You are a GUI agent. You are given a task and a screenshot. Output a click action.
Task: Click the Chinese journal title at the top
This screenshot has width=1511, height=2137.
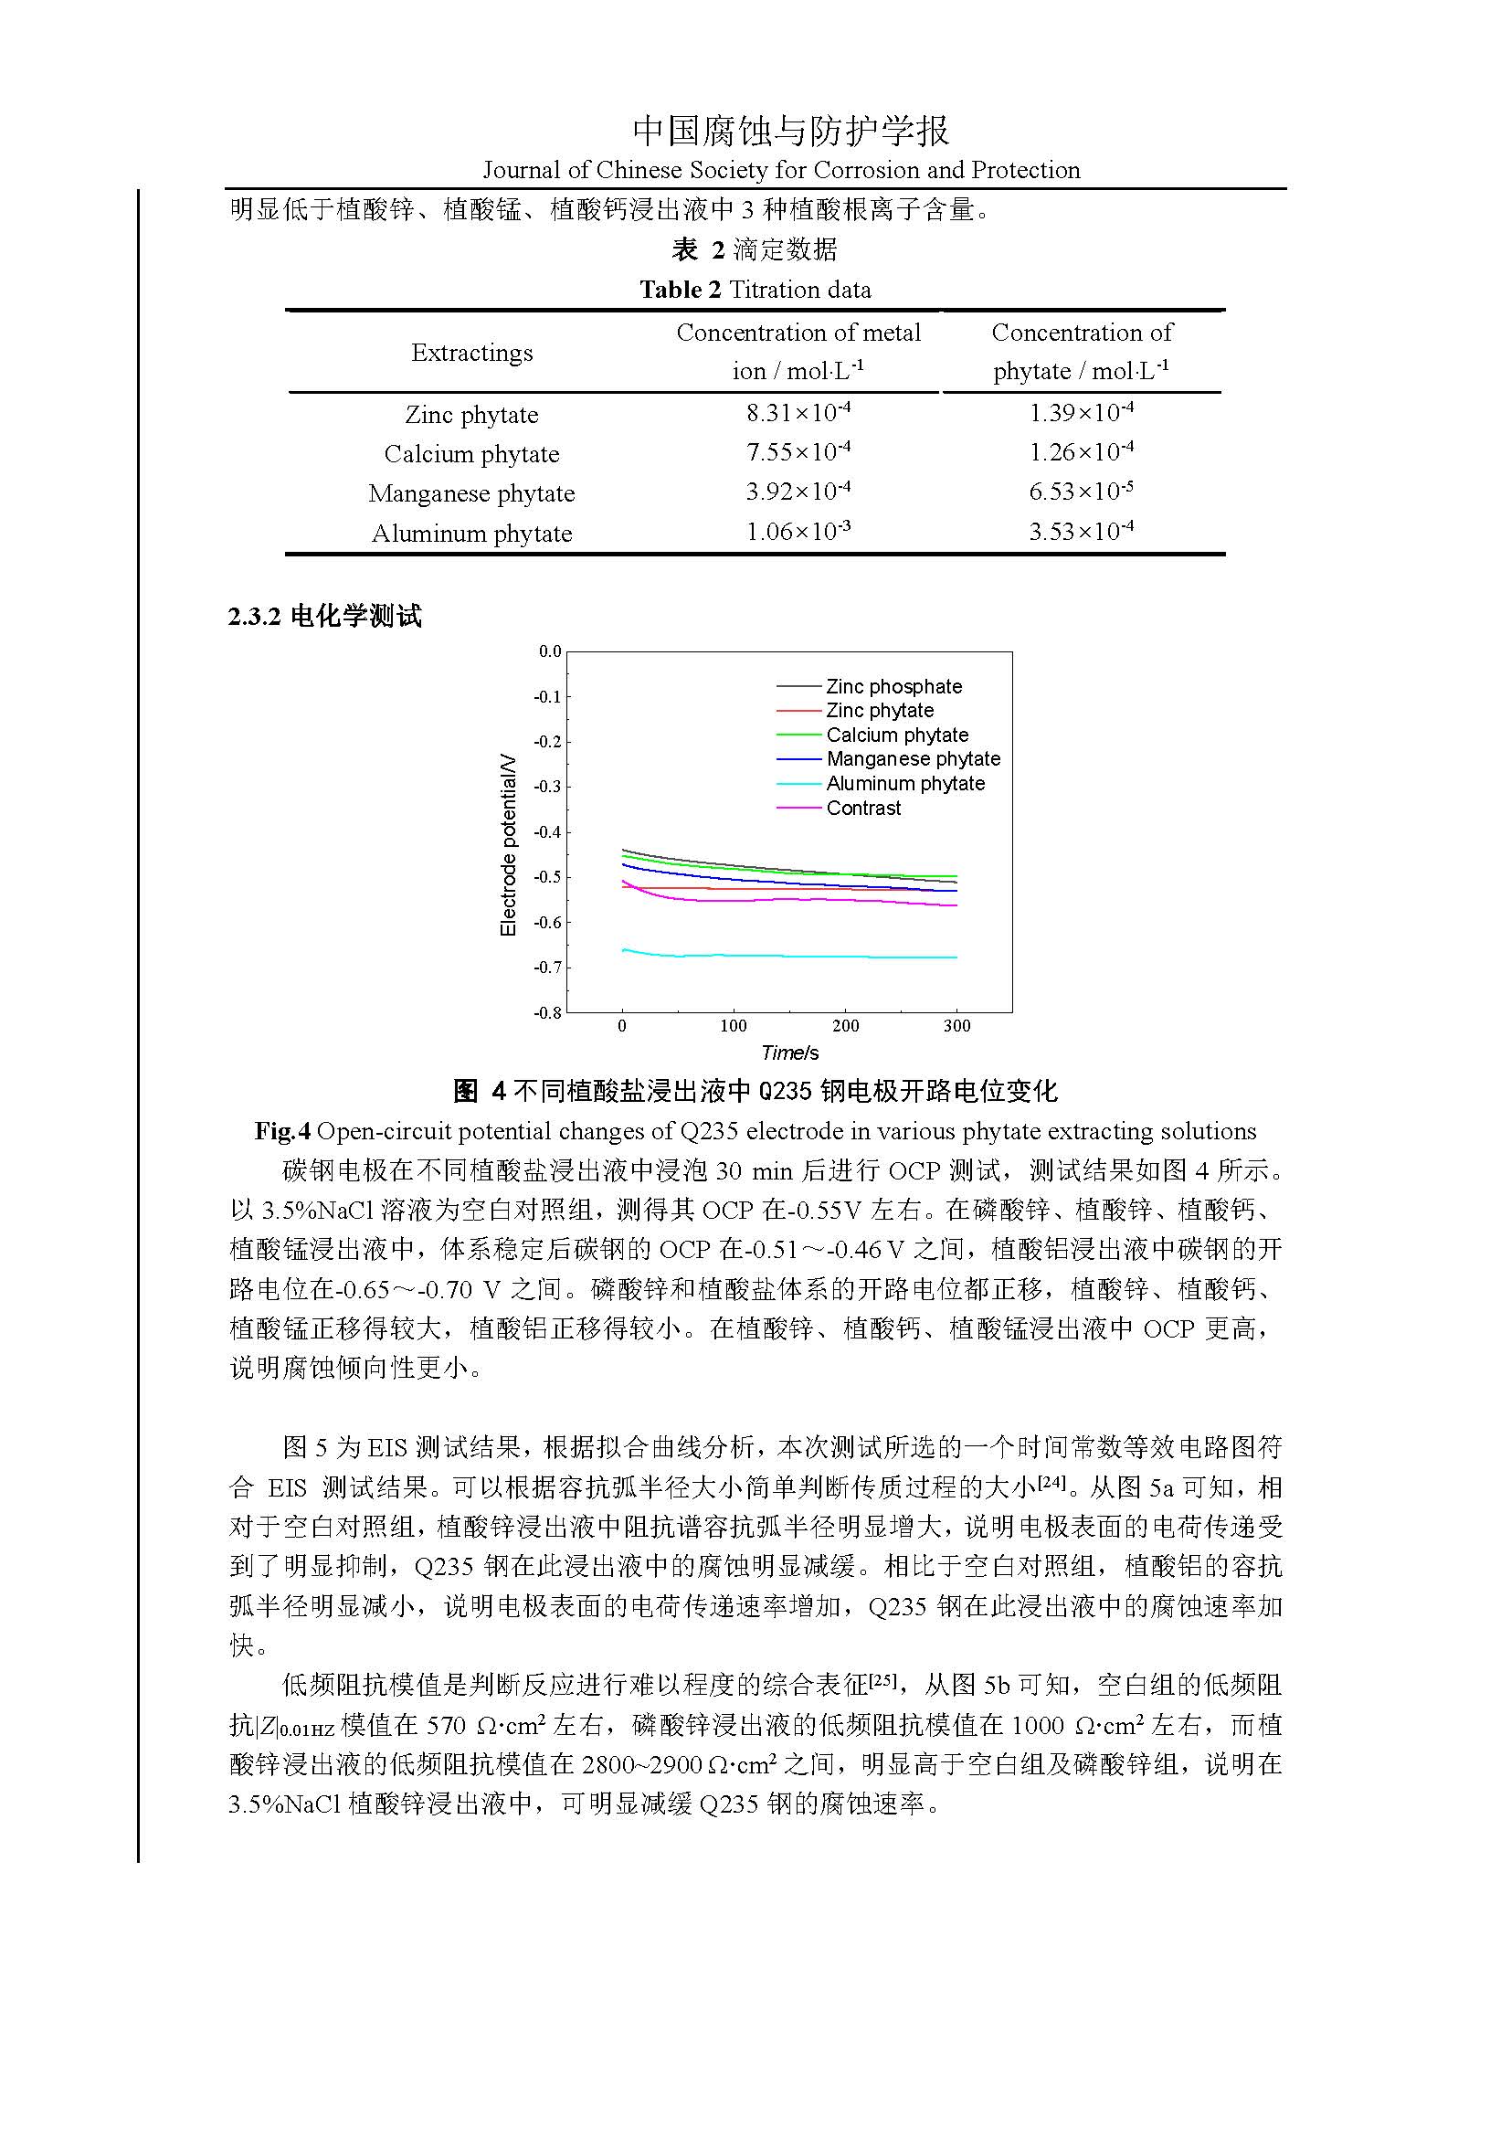(791, 132)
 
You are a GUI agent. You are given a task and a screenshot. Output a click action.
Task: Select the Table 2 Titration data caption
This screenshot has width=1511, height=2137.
(755, 290)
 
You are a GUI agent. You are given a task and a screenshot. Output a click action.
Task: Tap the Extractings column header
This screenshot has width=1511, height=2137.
(471, 353)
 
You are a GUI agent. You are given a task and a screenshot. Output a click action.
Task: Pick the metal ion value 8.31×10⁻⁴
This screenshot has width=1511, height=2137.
(798, 412)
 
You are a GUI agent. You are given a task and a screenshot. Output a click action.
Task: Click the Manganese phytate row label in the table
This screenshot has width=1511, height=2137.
(471, 493)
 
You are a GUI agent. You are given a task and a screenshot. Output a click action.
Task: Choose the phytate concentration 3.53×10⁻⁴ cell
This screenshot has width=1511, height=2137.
(1080, 532)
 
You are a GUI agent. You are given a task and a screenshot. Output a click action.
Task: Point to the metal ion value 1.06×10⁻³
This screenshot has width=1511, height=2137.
(798, 532)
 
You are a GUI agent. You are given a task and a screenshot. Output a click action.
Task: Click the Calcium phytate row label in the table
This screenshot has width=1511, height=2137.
(471, 454)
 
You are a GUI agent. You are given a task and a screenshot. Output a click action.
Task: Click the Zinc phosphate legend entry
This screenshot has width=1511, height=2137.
(893, 686)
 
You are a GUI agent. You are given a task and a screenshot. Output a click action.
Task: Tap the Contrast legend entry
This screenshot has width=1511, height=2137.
(862, 808)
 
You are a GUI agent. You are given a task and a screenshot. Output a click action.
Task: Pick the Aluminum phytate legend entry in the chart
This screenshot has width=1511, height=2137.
(904, 784)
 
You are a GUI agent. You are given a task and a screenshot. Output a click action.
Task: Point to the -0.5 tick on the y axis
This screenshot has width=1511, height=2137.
(547, 877)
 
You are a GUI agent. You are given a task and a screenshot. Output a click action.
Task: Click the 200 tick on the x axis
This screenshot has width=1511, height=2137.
(845, 1026)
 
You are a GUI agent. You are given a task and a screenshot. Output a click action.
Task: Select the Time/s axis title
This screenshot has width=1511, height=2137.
(789, 1053)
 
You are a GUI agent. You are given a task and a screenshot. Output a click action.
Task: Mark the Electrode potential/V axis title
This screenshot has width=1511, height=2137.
(508, 845)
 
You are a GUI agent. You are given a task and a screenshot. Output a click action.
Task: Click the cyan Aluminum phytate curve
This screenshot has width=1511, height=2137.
(791, 956)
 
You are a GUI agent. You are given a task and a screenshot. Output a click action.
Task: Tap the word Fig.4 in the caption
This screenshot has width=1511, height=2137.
(283, 1131)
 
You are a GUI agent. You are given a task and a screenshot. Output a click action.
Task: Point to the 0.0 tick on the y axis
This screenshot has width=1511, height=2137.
(550, 651)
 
